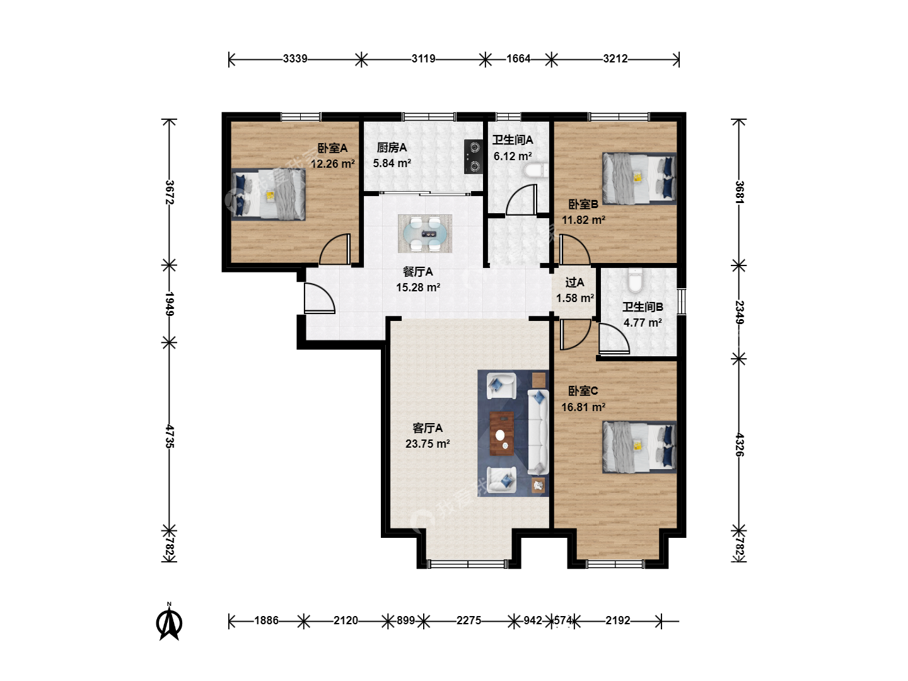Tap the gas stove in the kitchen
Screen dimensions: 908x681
(x=474, y=157)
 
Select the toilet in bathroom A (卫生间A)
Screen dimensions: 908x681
(x=536, y=171)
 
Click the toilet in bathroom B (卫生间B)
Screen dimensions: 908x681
(x=634, y=280)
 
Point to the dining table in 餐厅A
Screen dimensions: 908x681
(x=425, y=233)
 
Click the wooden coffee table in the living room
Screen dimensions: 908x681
(x=502, y=434)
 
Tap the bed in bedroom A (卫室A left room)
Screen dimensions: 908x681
(x=268, y=194)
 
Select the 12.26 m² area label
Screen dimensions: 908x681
(x=332, y=164)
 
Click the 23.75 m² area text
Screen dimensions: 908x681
(x=428, y=444)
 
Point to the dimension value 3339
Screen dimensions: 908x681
(x=295, y=59)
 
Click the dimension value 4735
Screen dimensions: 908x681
(x=170, y=436)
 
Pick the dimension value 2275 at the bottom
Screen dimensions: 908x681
(x=469, y=620)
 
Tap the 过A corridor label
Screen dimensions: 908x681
(x=574, y=282)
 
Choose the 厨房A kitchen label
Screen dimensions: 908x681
(x=392, y=148)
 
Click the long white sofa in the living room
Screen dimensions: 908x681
(x=538, y=432)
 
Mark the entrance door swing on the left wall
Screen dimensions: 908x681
(x=319, y=298)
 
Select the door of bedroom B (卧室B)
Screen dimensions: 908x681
(x=574, y=250)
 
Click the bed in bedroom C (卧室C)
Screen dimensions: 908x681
(x=639, y=447)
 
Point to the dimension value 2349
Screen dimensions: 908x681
(x=740, y=313)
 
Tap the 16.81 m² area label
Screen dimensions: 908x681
(x=583, y=407)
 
